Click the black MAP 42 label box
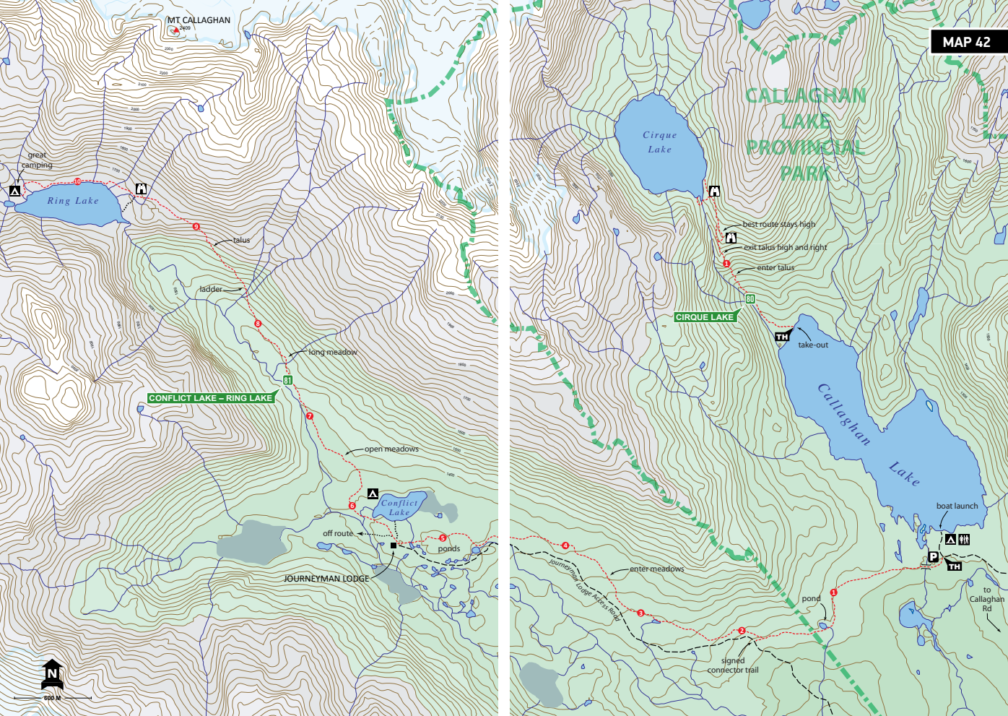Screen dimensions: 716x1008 pos(967,42)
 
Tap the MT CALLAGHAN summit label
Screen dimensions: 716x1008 pos(199,20)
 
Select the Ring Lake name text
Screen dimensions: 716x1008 pos(73,201)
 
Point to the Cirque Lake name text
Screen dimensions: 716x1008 pos(660,142)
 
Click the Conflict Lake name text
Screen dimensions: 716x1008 pos(399,507)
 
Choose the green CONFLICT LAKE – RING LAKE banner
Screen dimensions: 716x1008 pos(211,398)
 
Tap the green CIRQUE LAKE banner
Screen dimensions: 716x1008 pos(705,317)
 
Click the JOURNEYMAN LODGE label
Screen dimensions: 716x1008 pos(326,579)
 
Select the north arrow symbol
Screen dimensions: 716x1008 pos(52,673)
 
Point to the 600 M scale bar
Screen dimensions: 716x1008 pos(52,698)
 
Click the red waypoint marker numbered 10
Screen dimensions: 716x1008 pos(77,181)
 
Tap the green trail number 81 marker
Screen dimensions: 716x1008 pos(287,380)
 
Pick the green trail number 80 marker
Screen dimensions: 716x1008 pos(750,299)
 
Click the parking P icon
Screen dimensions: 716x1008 pos(933,556)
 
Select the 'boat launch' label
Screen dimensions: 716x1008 pos(957,506)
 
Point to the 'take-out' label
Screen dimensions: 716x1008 pos(813,345)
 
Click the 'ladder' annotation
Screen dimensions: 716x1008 pos(211,289)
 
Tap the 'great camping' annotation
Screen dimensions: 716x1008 pos(37,160)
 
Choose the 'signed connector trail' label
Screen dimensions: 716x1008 pos(733,665)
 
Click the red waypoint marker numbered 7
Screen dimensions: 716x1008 pos(310,416)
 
